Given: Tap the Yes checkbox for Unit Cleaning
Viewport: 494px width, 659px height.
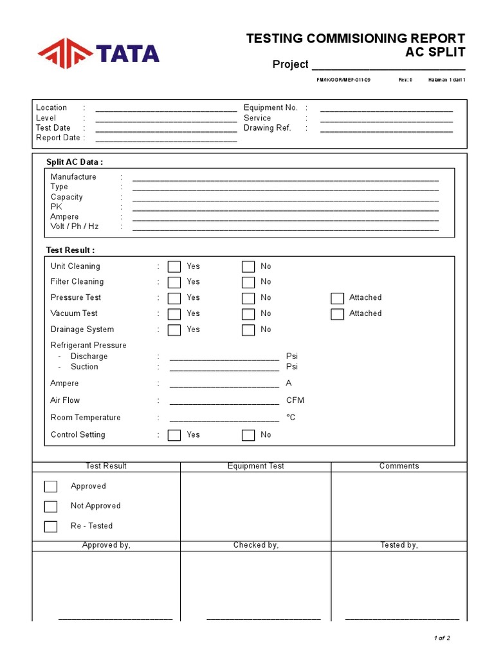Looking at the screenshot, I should [174, 266].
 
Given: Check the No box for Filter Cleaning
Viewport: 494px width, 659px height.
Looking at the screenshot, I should [248, 282].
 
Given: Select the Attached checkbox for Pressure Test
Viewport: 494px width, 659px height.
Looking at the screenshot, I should [337, 298].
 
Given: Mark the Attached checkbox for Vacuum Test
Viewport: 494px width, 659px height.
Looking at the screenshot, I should [337, 314].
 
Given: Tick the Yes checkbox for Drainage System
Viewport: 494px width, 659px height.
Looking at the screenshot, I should [174, 330].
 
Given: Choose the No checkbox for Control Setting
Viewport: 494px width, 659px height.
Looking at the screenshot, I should [248, 435].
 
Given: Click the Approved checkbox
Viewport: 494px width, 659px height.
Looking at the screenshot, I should [51, 487].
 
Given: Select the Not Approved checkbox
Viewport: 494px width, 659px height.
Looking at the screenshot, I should [51, 506].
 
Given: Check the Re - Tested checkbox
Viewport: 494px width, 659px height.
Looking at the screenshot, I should [51, 526].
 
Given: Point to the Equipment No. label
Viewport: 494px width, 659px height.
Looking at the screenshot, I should [270, 108].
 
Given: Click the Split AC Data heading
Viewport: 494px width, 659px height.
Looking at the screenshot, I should [74, 162].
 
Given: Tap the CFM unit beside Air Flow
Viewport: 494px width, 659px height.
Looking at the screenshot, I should [295, 400].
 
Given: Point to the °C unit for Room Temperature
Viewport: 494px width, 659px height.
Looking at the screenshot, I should [291, 418].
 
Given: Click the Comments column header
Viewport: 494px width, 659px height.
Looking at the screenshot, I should [399, 466].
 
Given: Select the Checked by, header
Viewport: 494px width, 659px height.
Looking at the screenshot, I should [255, 545].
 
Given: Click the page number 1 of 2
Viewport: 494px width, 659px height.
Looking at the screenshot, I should [442, 638].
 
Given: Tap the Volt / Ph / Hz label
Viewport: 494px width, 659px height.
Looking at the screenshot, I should [75, 227].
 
